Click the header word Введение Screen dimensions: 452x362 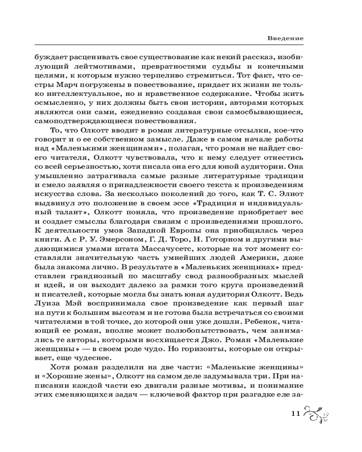coord(285,38)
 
